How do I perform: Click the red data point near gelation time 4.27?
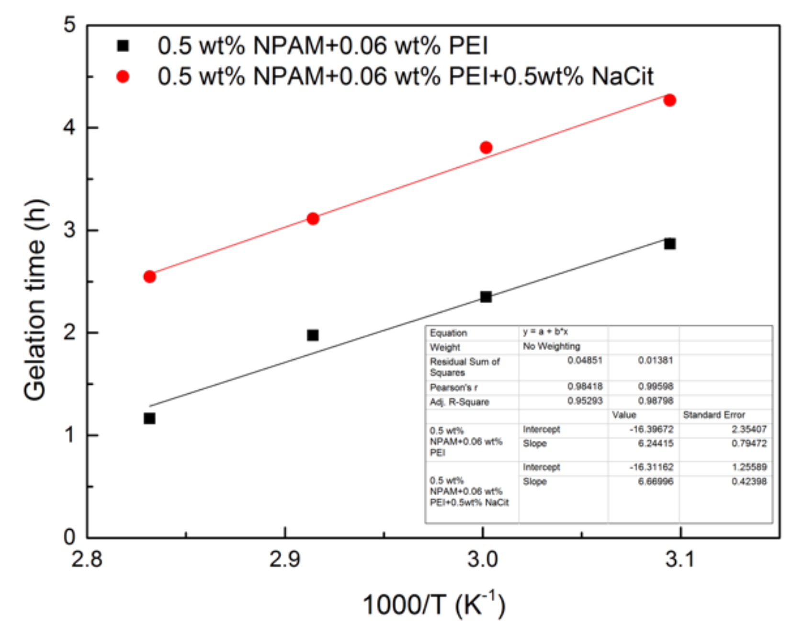coord(669,100)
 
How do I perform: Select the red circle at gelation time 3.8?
coord(486,148)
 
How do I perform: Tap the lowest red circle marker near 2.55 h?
coord(149,276)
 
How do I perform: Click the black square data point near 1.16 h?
coord(149,418)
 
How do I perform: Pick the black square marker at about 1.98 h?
coord(313,335)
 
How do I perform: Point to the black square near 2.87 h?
coord(669,243)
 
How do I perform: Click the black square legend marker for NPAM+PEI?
coord(123,46)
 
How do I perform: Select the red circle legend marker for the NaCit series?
coord(123,77)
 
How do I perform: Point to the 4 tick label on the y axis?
coord(70,127)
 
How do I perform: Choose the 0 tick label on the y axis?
coord(70,537)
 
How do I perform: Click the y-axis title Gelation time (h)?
coord(35,299)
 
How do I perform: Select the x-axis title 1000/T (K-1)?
coord(433,604)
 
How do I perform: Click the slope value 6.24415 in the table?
coord(655,444)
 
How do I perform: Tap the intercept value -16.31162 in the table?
coord(651,467)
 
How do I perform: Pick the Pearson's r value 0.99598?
coord(655,386)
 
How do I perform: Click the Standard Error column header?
coord(714,415)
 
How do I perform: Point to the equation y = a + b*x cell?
coord(545,331)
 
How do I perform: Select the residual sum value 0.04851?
coord(585,360)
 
